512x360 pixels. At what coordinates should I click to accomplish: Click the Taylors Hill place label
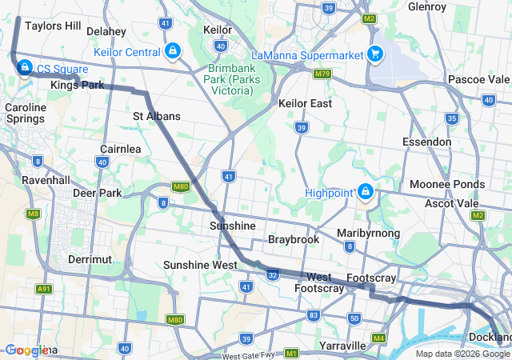click(53, 26)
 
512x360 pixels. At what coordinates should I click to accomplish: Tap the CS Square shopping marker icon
click(24, 67)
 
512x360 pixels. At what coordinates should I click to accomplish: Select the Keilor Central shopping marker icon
click(172, 52)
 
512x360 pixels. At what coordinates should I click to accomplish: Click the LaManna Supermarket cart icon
click(374, 54)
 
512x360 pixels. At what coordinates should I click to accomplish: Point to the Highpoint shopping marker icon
click(365, 192)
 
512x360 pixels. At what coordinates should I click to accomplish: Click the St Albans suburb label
click(157, 116)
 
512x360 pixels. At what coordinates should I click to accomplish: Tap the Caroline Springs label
click(26, 113)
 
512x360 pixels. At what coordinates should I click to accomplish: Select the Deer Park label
click(97, 193)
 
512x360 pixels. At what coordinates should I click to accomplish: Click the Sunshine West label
click(199, 265)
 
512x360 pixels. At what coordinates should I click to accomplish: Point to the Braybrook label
click(294, 239)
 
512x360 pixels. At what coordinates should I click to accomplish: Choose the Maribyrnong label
click(368, 233)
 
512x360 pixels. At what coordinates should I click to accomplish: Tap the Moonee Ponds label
click(446, 184)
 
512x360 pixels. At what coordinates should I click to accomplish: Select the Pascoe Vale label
click(478, 79)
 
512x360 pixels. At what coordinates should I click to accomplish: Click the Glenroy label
click(426, 6)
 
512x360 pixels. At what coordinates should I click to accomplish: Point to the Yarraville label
click(342, 346)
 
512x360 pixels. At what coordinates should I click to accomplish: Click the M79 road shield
click(322, 74)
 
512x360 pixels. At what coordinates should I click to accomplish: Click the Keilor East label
click(305, 103)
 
